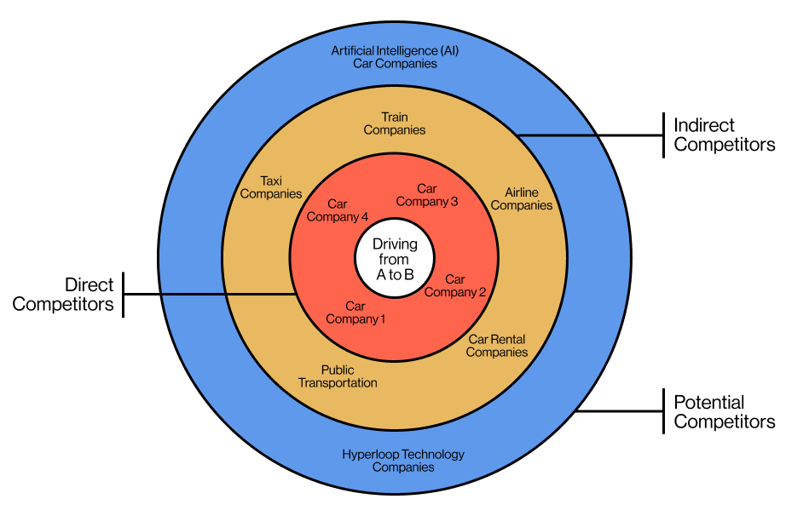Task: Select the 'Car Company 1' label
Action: [x=355, y=313]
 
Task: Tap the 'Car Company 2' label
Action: [x=455, y=286]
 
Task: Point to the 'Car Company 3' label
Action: [x=427, y=195]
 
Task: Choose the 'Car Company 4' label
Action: [x=338, y=210]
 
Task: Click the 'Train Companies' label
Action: [x=395, y=123]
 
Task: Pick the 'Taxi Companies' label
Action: [x=271, y=187]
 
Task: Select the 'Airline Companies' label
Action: [x=522, y=199]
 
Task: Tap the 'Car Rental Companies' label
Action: [x=497, y=346]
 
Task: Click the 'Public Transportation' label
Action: [x=338, y=376]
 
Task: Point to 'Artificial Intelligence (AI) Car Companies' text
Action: [x=395, y=57]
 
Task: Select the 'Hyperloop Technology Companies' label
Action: [x=403, y=461]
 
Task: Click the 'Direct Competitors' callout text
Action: [x=63, y=295]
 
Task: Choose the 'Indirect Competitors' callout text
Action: [x=724, y=135]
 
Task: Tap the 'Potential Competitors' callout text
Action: [x=724, y=412]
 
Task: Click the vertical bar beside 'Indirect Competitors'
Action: [x=663, y=135]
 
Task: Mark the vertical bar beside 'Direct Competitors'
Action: [x=124, y=295]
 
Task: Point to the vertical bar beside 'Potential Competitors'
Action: [x=663, y=412]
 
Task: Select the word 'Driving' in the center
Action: [x=395, y=244]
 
